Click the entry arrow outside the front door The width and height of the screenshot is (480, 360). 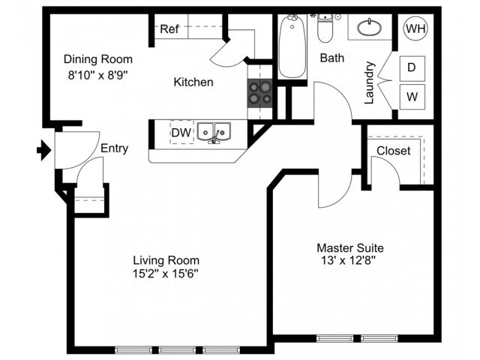(x=44, y=150)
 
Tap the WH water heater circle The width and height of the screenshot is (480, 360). (x=415, y=28)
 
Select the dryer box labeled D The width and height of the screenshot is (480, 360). (x=412, y=67)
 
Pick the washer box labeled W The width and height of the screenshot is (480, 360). (x=412, y=97)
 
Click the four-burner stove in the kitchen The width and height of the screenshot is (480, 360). (x=259, y=93)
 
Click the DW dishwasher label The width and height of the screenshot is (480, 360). (x=181, y=133)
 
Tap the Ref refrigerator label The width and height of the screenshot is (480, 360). (x=169, y=29)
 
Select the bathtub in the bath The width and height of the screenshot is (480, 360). (x=292, y=46)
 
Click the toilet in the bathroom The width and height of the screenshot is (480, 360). (x=325, y=28)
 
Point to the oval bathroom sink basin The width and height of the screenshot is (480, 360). (x=370, y=28)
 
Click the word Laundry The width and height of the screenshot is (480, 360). (x=370, y=82)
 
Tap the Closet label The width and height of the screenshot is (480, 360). (x=393, y=151)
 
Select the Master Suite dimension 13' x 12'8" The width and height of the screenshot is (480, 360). (x=348, y=260)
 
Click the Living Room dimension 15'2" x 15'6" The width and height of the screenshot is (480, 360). (x=166, y=273)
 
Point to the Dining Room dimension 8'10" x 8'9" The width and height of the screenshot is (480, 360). (x=97, y=75)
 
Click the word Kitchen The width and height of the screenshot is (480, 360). (x=193, y=82)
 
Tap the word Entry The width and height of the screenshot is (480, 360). (x=115, y=148)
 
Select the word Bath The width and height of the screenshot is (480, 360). (x=332, y=58)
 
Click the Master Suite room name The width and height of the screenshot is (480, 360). (x=350, y=247)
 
